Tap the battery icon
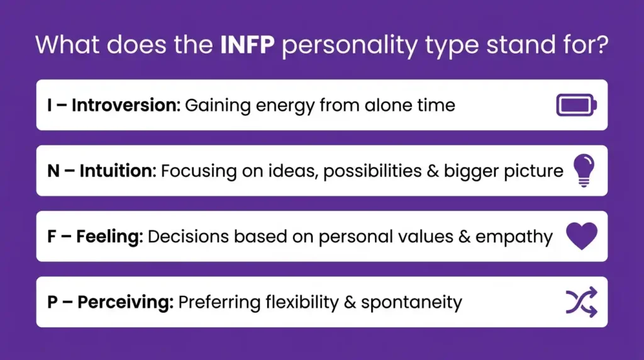click(576, 105)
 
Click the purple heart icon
click(581, 236)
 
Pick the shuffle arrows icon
click(581, 302)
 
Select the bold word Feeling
click(111, 237)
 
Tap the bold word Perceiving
click(125, 302)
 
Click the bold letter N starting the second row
click(53, 171)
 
